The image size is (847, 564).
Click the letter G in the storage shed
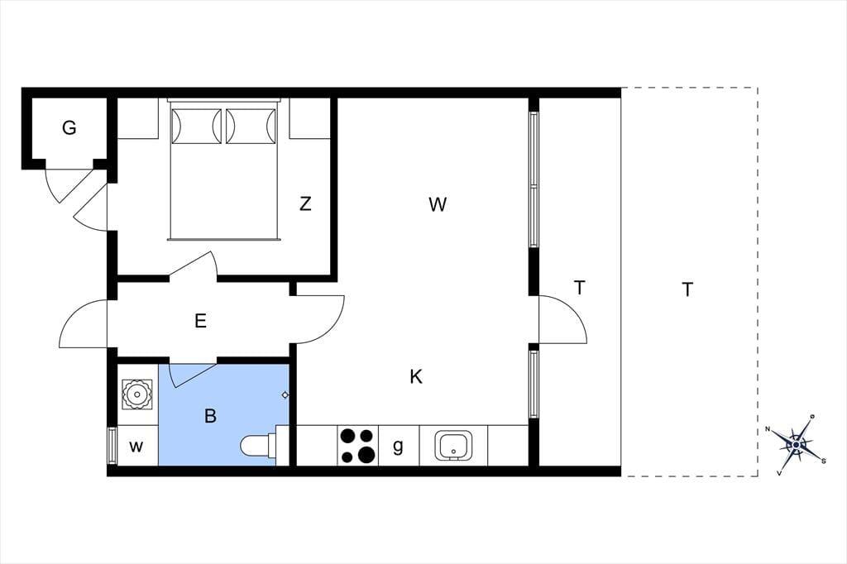[x=69, y=128]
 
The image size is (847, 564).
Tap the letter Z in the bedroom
[x=305, y=203]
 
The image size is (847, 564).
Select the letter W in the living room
[x=438, y=204]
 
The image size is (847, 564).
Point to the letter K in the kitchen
[x=416, y=376]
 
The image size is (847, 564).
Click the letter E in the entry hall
[x=200, y=322]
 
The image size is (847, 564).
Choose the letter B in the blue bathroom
[x=211, y=416]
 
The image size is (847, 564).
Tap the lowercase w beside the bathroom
[x=136, y=447]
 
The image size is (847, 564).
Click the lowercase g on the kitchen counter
[x=398, y=447]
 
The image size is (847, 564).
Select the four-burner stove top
[x=358, y=445]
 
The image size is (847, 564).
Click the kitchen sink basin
[x=453, y=447]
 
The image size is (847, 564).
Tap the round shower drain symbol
[x=137, y=394]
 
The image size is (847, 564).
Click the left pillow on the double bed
[x=197, y=127]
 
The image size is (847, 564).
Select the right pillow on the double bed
[x=251, y=127]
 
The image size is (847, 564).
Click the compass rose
[x=797, y=445]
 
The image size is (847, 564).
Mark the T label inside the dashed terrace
[x=687, y=289]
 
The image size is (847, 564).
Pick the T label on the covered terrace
[x=580, y=288]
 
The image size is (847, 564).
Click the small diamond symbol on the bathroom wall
[x=285, y=395]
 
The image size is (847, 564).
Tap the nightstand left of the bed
[x=138, y=118]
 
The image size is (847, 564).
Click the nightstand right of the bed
[x=309, y=118]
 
